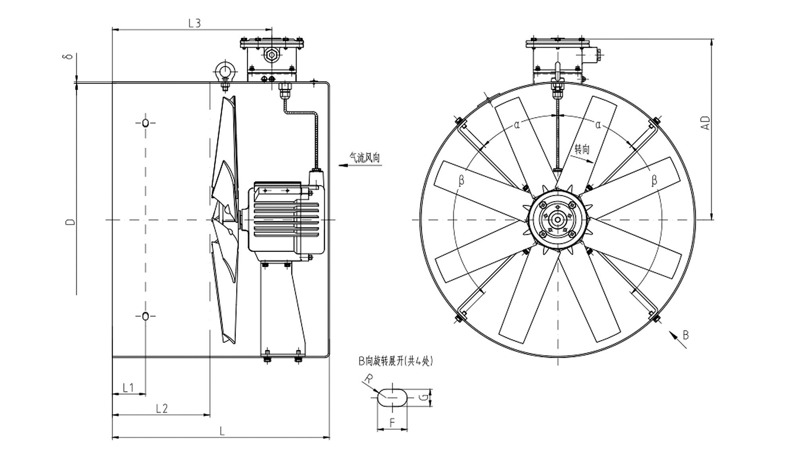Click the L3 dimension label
click(194, 23)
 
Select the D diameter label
click(70, 221)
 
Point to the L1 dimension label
click(128, 387)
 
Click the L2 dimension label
click(162, 408)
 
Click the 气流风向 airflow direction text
click(365, 158)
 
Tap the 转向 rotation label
click(582, 149)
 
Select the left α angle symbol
click(517, 125)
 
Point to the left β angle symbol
click(461, 181)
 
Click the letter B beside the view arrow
click(685, 335)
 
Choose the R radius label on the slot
click(369, 379)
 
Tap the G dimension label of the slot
click(425, 398)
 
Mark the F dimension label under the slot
click(392, 422)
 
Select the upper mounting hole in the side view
click(145, 123)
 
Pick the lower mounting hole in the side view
click(145, 316)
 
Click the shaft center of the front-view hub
click(558, 219)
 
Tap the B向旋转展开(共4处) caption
click(395, 361)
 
